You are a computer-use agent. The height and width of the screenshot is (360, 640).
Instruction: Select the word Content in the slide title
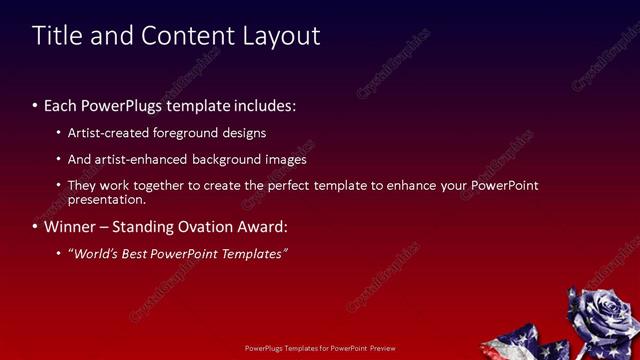[186, 36]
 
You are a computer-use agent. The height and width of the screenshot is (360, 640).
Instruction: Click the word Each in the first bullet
[61, 105]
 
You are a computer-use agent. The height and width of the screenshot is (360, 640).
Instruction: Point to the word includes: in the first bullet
[262, 105]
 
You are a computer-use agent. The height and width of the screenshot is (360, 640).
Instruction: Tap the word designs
[245, 133]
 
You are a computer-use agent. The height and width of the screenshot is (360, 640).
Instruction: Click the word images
[285, 159]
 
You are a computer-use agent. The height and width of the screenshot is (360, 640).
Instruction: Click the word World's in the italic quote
[94, 254]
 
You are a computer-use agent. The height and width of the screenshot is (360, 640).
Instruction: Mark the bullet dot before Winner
[35, 227]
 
